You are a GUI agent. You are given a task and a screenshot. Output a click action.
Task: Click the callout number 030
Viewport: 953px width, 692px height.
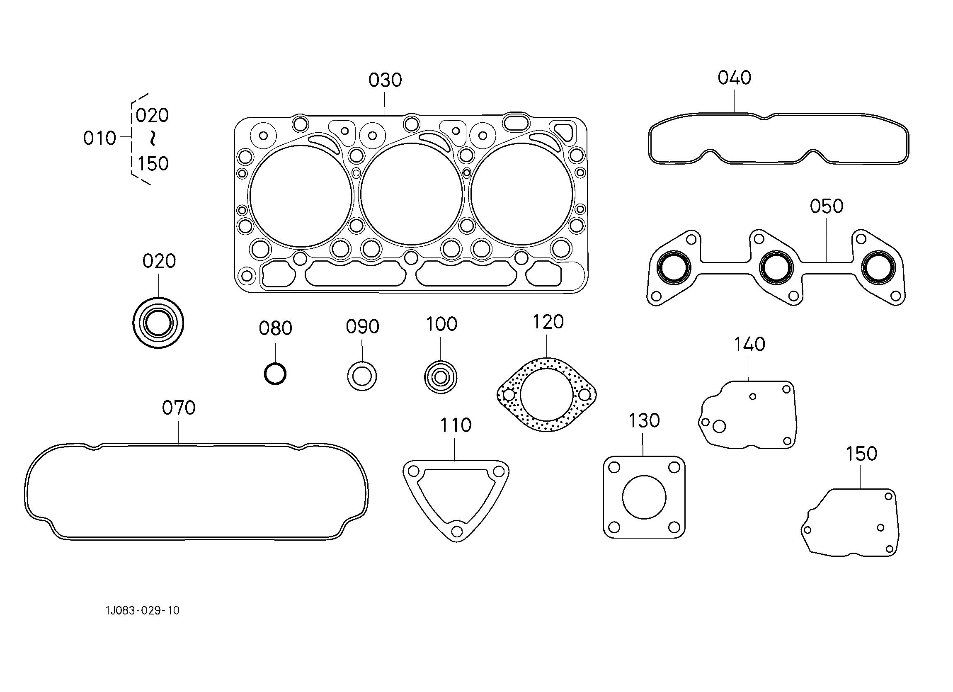tap(385, 80)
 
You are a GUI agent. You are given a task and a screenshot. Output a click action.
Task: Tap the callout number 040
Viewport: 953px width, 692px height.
tap(734, 78)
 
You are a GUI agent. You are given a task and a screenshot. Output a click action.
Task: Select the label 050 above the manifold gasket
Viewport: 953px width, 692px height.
tap(827, 206)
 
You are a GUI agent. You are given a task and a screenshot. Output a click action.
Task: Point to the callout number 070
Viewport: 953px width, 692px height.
tap(179, 408)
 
